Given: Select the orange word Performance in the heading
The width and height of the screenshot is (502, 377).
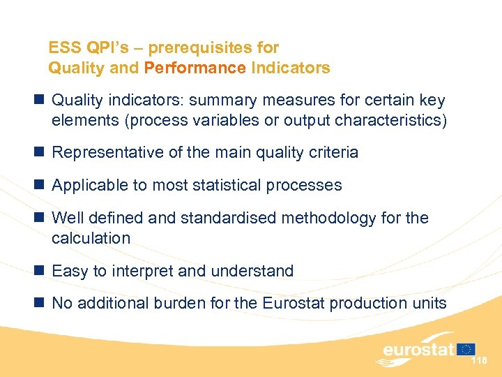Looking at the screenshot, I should click(195, 68).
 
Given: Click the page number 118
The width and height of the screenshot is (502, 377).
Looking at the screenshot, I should click(479, 360).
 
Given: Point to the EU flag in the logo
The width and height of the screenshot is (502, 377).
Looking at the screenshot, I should click(466, 348).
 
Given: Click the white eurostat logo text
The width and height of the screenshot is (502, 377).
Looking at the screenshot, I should click(418, 349).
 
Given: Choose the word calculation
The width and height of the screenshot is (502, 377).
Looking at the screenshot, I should click(91, 238).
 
